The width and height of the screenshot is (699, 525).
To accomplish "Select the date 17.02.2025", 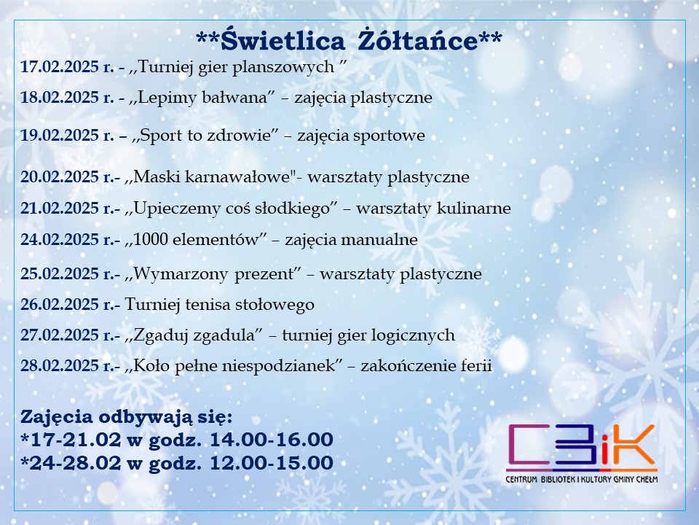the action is tap(60, 66).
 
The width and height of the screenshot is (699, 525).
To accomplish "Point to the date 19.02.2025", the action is tap(60, 135).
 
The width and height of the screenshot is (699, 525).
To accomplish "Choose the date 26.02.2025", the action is tap(60, 304).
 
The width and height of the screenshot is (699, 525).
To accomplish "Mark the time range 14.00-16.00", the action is tap(272, 439).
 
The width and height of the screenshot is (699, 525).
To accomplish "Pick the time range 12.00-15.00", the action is tap(272, 462).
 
